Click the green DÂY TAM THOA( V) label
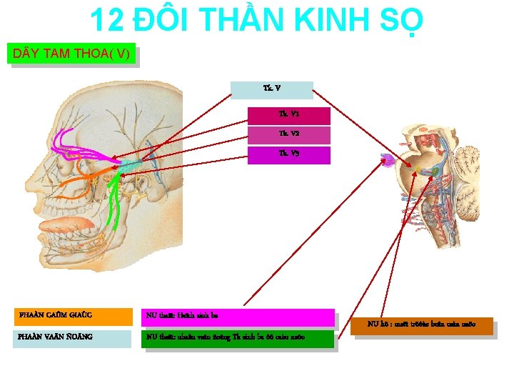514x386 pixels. (71, 54)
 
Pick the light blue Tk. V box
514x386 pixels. (272, 89)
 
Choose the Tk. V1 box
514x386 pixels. (288, 115)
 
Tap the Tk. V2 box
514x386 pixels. (288, 134)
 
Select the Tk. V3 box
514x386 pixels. (288, 154)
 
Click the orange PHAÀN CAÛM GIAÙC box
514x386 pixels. (74, 316)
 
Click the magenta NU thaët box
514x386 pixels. (238, 317)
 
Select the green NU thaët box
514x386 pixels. (238, 338)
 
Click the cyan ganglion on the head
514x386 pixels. (130, 166)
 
